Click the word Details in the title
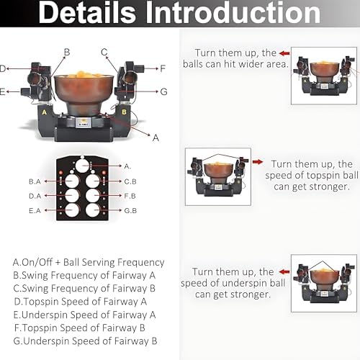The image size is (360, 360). tap(87, 12)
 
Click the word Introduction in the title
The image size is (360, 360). tap(233, 12)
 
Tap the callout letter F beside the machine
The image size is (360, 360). tap(163, 68)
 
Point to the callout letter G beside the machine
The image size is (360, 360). tap(163, 91)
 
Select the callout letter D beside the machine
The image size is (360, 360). tap(3, 68)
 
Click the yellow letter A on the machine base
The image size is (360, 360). tap(44, 112)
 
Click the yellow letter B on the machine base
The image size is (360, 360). tap(124, 112)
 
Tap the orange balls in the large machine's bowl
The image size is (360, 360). tap(84, 74)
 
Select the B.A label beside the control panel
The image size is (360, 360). tap(35, 181)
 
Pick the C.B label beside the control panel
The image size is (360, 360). tap(130, 181)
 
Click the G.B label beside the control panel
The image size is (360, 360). tap(130, 211)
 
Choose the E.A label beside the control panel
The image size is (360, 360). tap(35, 211)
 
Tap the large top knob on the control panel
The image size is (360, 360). tap(82, 166)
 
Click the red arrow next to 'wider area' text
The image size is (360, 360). tap(284, 53)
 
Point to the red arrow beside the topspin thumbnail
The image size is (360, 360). tap(258, 162)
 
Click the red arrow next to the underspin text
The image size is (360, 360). tap(284, 271)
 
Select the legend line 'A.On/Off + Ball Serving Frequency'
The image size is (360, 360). tap(89, 262)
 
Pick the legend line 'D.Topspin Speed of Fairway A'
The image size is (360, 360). tap(81, 302)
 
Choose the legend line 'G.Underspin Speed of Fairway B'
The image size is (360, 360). tap(85, 341)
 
